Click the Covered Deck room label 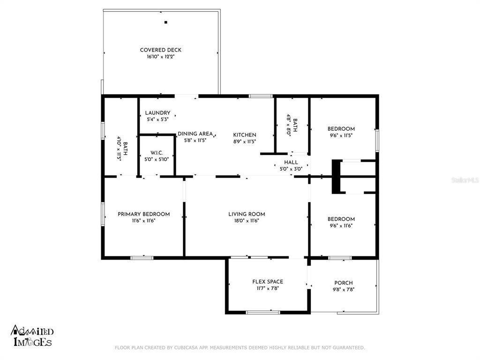point(160,50)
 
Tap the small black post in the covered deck point(166,22)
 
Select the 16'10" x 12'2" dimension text point(160,57)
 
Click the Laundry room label point(157,112)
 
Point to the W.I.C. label point(157,153)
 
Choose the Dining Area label point(195,134)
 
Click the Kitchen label point(245,135)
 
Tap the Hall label point(291,162)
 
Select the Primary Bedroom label point(143,214)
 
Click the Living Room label point(247,214)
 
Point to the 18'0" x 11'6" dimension point(247,220)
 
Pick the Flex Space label point(268,282)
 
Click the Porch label point(344,283)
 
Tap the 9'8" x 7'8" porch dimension point(344,289)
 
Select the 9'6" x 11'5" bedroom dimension point(341,135)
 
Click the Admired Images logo point(32,336)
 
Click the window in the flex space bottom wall point(263,313)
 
